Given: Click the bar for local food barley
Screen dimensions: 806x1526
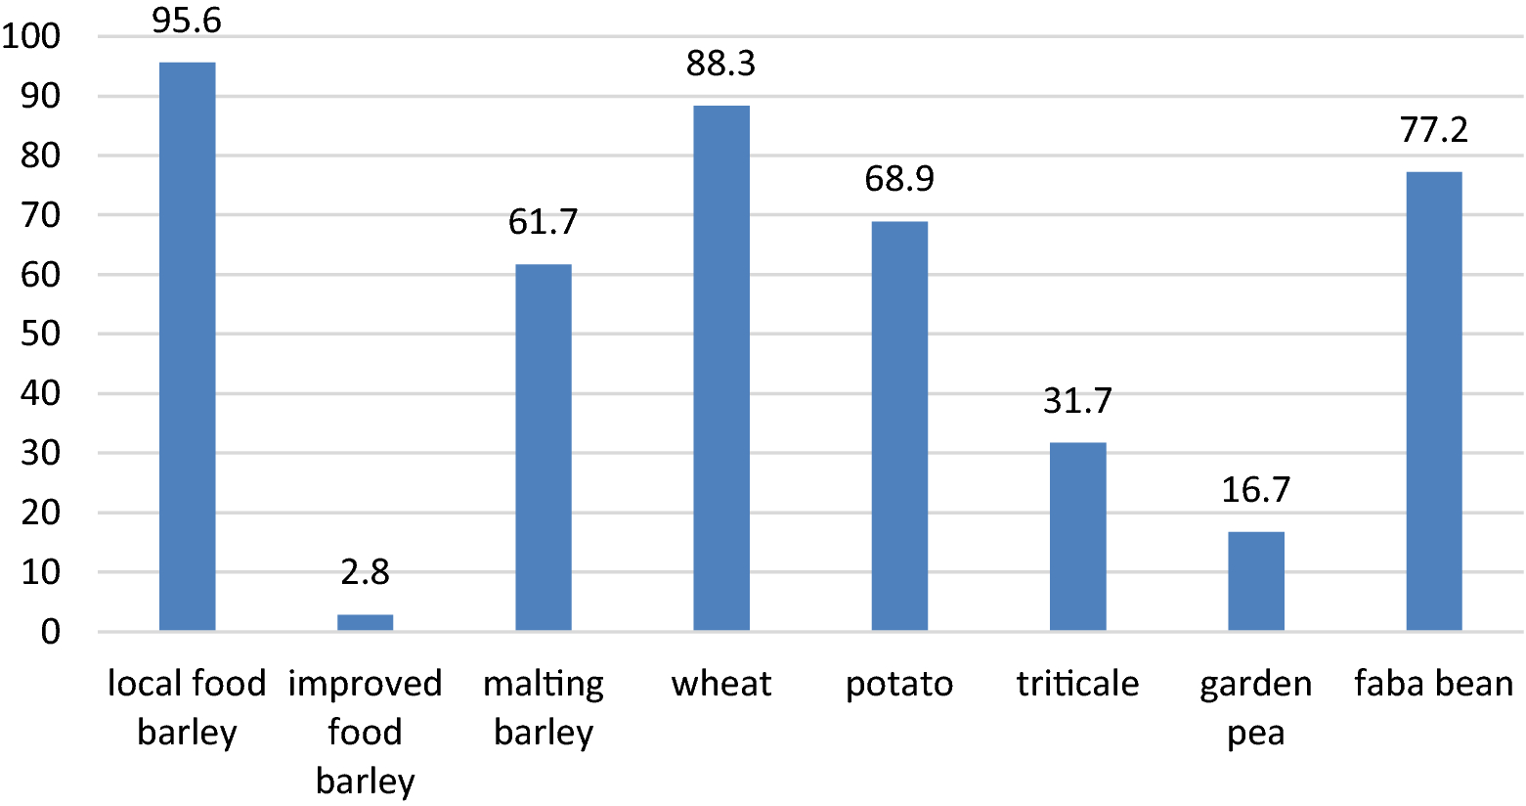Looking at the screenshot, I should pyautogui.click(x=187, y=346).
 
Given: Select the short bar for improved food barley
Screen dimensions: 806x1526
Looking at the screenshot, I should pyautogui.click(x=365, y=622).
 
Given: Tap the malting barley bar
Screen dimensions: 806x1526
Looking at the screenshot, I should pyautogui.click(x=544, y=447).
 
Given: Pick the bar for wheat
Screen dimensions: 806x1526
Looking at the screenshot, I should pyautogui.click(x=721, y=368).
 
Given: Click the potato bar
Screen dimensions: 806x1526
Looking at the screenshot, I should pyautogui.click(x=899, y=425).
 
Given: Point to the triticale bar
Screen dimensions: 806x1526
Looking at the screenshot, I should pyautogui.click(x=1077, y=536).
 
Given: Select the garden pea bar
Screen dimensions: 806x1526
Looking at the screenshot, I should pyautogui.click(x=1256, y=581).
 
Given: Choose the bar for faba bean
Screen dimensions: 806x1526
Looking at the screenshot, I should pyautogui.click(x=1434, y=401).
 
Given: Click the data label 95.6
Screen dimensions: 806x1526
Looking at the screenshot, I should pyautogui.click(x=187, y=21).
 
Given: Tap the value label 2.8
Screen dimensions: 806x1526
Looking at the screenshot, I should pyautogui.click(x=365, y=572).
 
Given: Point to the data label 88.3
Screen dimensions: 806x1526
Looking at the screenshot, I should pyautogui.click(x=721, y=65).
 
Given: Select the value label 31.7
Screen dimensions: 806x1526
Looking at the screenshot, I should pyautogui.click(x=1077, y=401).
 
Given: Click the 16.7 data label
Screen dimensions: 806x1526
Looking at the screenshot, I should pyautogui.click(x=1256, y=490).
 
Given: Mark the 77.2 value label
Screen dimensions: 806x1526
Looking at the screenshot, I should pyautogui.click(x=1434, y=130).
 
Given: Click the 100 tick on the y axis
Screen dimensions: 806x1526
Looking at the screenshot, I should pyautogui.click(x=31, y=37).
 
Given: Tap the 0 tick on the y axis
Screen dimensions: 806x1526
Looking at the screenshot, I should pyautogui.click(x=50, y=632).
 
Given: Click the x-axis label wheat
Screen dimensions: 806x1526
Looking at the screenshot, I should pyautogui.click(x=721, y=684).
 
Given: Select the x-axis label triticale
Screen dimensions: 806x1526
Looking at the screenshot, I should pyautogui.click(x=1077, y=684).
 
